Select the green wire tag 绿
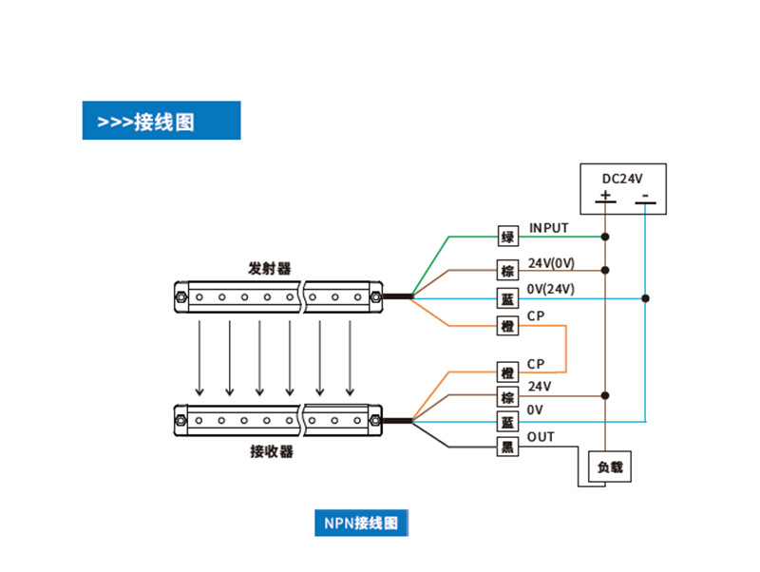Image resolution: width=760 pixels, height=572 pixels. (x=508, y=237)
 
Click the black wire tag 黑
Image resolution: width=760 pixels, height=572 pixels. (x=508, y=447)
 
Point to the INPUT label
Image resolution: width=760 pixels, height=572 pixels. (x=549, y=228)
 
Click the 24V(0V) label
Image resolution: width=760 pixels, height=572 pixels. (x=551, y=262)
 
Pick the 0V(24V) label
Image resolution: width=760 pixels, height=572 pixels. (x=551, y=289)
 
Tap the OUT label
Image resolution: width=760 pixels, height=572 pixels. (x=541, y=437)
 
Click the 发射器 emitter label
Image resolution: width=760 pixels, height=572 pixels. (x=270, y=268)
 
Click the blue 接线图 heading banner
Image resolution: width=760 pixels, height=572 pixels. (x=161, y=122)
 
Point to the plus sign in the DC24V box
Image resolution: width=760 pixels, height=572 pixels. (x=605, y=197)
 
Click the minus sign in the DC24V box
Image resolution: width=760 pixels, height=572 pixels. (x=645, y=197)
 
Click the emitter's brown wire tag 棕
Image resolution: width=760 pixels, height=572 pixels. (x=508, y=270)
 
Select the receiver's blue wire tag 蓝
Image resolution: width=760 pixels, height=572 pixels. (x=508, y=421)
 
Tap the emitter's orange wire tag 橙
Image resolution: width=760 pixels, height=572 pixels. (x=508, y=326)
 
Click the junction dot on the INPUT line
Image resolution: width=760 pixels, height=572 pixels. (x=605, y=236)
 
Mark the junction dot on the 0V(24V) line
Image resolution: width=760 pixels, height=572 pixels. (x=645, y=298)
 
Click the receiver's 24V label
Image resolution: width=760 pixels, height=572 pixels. (x=540, y=387)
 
